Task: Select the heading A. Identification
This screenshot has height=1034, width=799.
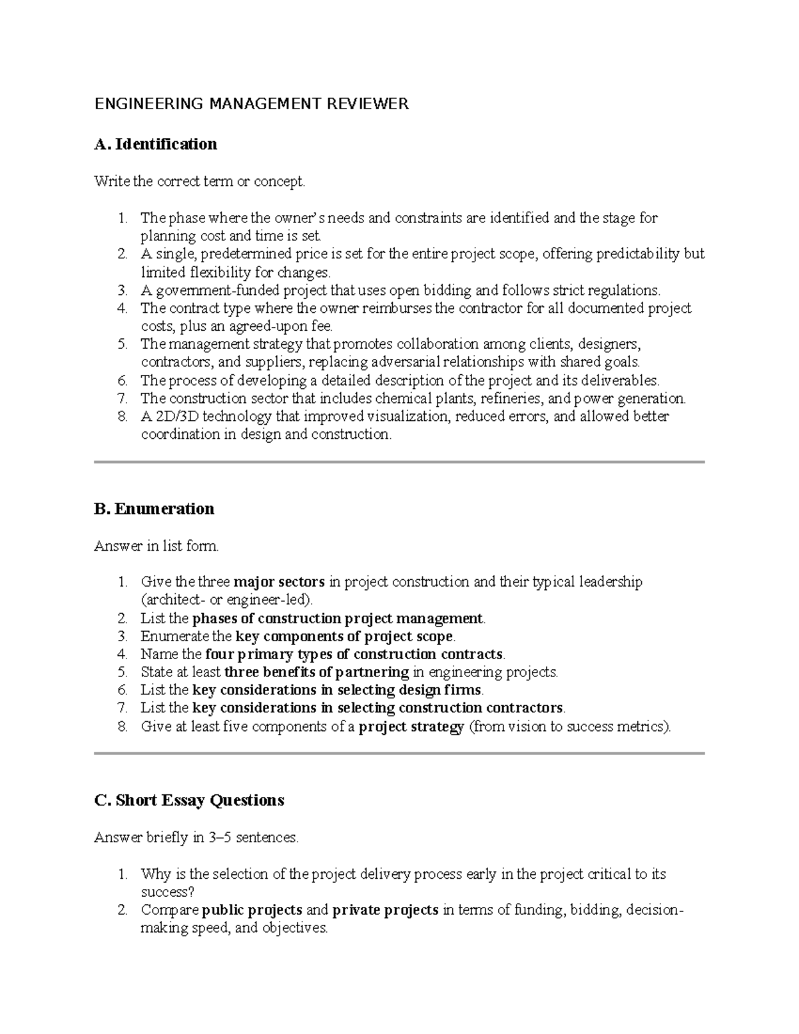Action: tap(156, 144)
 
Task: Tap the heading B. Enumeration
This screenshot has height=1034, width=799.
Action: tap(154, 509)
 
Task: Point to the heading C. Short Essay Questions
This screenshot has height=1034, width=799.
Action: tap(189, 800)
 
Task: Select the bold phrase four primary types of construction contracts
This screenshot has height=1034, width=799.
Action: tap(355, 654)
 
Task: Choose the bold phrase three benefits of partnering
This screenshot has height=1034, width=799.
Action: tap(317, 672)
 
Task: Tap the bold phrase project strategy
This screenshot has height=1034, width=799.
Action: tap(411, 727)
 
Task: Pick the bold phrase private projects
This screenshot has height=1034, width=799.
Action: tap(385, 910)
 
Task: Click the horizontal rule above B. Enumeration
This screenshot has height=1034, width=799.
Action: tap(399, 461)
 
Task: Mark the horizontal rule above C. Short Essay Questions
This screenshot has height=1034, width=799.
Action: tap(399, 754)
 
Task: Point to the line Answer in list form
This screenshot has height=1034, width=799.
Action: tap(156, 547)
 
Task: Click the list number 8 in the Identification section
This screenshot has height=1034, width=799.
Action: tap(122, 417)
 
